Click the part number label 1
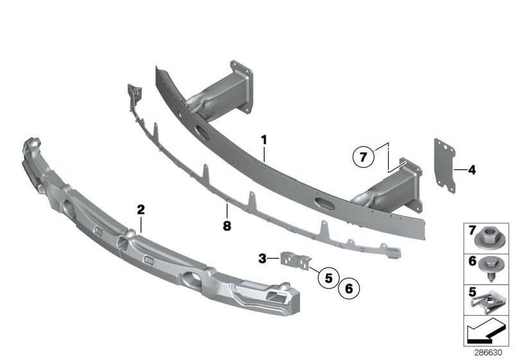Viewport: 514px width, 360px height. point(264,140)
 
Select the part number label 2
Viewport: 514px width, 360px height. point(141,210)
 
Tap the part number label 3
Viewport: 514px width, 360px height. point(262,258)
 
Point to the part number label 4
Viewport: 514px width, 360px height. point(472,170)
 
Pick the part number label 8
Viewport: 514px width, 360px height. point(227,226)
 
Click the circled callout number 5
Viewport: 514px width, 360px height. point(328,278)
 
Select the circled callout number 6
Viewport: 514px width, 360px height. point(349,289)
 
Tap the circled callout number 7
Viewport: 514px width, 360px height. point(363,157)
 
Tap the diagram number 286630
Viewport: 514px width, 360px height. point(488,352)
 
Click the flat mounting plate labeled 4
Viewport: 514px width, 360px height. point(445,166)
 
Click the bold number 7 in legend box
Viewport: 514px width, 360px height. point(472,231)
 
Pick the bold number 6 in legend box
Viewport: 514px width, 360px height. point(472,261)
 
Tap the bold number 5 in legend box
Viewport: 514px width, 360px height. point(472,292)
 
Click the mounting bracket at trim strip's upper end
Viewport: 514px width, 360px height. point(135,93)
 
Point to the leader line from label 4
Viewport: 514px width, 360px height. point(461,170)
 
